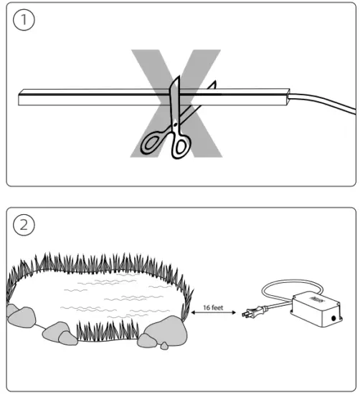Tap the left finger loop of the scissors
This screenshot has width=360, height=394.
[x=153, y=141]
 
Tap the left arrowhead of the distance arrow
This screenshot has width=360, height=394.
[x=193, y=313]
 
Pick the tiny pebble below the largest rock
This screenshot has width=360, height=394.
[x=164, y=346]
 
